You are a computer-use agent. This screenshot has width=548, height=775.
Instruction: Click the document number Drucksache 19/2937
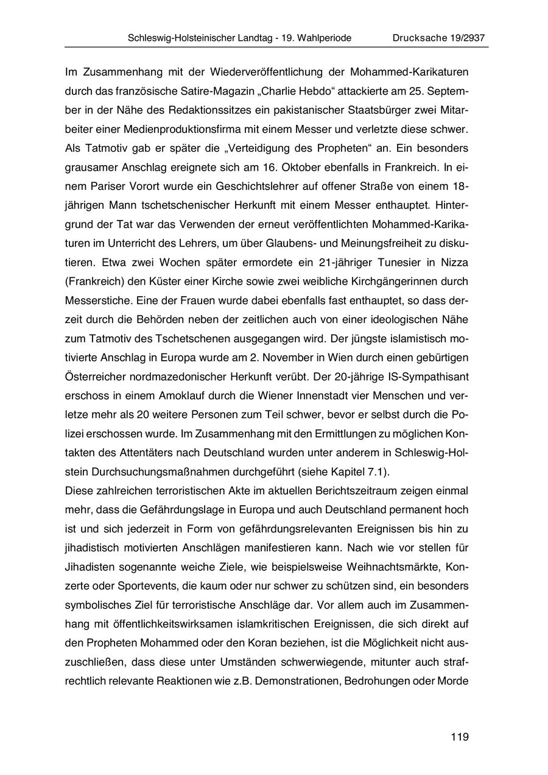point(438,38)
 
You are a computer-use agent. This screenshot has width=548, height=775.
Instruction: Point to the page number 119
point(460,737)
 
